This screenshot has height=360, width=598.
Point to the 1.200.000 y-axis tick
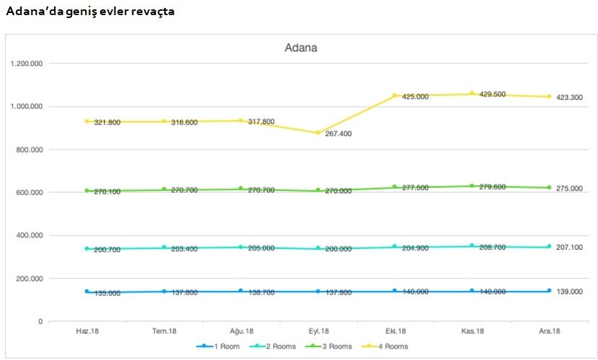click(x=27, y=63)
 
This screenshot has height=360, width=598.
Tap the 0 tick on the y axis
click(x=40, y=321)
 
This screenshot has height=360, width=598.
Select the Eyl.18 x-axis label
click(x=318, y=331)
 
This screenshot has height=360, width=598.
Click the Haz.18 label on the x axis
click(x=87, y=331)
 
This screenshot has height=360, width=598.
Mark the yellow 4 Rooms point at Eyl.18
click(x=318, y=132)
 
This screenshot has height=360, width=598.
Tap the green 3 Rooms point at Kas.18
click(x=472, y=186)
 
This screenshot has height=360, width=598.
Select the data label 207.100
click(x=569, y=247)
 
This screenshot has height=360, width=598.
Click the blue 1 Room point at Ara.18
click(x=549, y=291)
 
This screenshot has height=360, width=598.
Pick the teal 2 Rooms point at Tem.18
click(x=164, y=248)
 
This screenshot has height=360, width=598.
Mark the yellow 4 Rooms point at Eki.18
click(x=395, y=95)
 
